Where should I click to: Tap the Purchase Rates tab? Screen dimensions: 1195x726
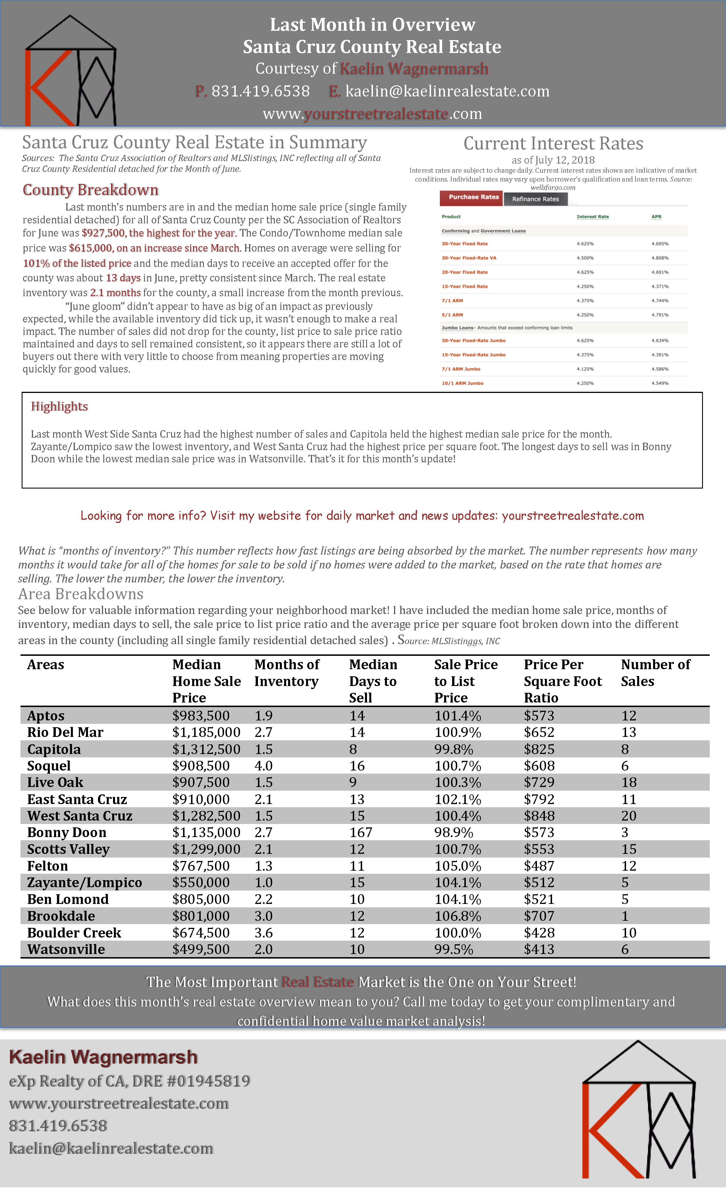coord(471,197)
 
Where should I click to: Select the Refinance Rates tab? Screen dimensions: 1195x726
coord(535,199)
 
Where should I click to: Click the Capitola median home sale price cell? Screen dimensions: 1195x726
coord(206,749)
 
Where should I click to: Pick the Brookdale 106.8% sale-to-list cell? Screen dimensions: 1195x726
coord(457,916)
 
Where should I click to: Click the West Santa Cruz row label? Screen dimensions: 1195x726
coord(80,816)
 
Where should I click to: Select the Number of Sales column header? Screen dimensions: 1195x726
coord(655,673)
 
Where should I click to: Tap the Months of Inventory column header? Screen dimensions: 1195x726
coord(287,673)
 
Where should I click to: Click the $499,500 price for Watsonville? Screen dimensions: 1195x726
coord(201,950)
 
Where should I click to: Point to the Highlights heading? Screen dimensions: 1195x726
coord(59,406)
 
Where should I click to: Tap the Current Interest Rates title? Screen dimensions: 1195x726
coord(553,144)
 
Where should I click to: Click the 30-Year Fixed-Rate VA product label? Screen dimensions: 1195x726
coord(469,258)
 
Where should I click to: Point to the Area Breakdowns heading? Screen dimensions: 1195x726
coord(81,594)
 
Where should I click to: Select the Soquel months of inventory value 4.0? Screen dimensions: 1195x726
coord(264,766)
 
